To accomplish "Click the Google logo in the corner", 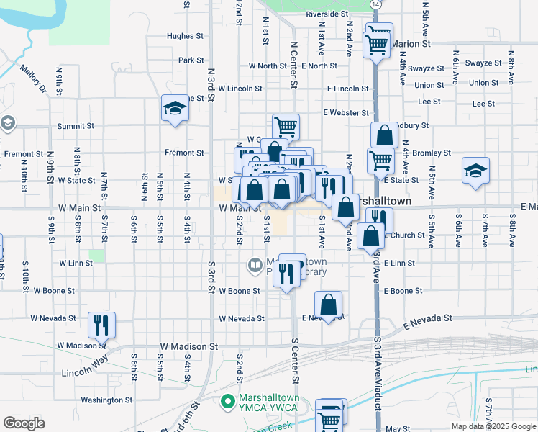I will (x=24, y=423).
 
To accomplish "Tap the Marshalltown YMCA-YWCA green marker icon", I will (x=228, y=400).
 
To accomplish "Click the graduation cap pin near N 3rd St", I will (x=174, y=109).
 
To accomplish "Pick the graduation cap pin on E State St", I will (x=475, y=171).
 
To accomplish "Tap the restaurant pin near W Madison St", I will (x=101, y=325).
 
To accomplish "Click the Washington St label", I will (x=106, y=400).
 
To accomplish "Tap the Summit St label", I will (x=76, y=126).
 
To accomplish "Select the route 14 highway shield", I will (x=375, y=4).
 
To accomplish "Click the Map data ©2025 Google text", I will (x=493, y=426).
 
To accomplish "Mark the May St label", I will (x=398, y=428).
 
